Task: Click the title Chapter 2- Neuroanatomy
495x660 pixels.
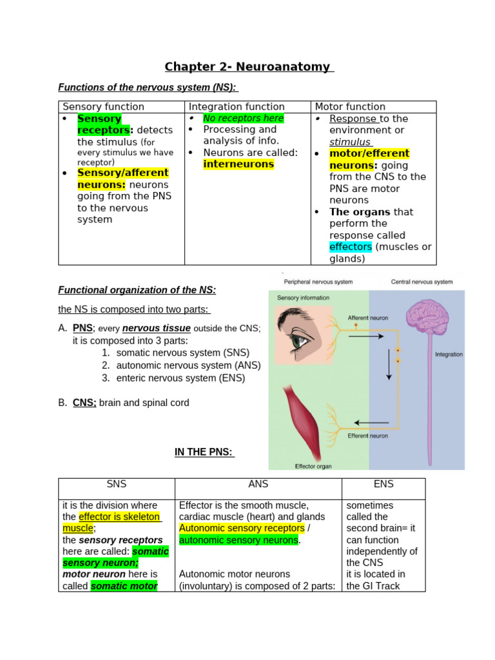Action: [x=248, y=67]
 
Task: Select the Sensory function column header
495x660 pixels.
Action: [x=103, y=106]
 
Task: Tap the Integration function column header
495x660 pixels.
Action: [x=237, y=106]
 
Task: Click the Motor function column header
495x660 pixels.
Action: [x=350, y=106]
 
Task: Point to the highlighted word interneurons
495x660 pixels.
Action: [x=238, y=164]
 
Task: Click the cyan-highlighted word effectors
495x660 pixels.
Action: [x=351, y=247]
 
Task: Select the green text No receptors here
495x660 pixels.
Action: [x=243, y=118]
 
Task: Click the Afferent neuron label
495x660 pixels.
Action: [x=367, y=318]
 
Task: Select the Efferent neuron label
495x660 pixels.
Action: [x=367, y=436]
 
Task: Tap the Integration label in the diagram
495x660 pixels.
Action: [x=449, y=354]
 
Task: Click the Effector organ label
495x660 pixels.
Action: [x=313, y=466]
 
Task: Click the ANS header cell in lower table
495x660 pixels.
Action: [x=258, y=484]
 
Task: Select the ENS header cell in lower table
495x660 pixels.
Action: [x=383, y=484]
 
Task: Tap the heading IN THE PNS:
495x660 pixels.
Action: [x=204, y=452]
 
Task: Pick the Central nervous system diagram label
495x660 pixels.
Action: [x=422, y=282]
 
